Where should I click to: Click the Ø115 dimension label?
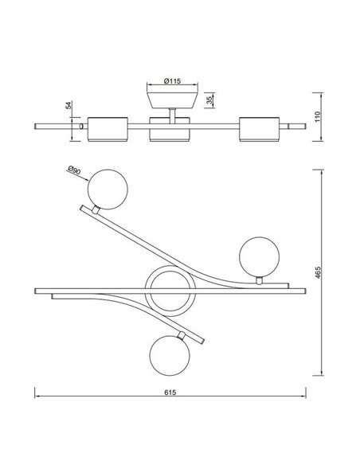coord(174,81)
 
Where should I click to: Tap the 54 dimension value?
coord(69,105)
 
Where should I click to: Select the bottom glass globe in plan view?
coord(171,354)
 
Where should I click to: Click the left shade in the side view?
coord(106,128)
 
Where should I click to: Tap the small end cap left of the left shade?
coord(81,127)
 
